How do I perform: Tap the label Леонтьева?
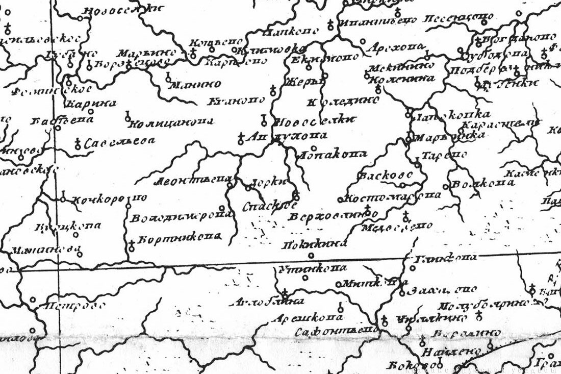pos(193,180)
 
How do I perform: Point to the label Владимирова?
pos(181,217)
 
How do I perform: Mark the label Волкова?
pos(482,184)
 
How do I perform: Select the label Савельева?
pos(119,143)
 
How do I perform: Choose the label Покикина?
pos(311,244)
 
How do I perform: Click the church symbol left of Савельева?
pos(78,144)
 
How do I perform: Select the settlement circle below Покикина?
pos(311,256)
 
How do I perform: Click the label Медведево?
pos(396,227)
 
